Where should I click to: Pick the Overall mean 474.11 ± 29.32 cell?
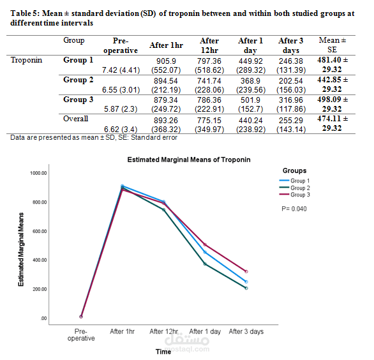click(333, 123)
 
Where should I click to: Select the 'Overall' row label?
click(76, 119)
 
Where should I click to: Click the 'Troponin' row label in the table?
click(26, 61)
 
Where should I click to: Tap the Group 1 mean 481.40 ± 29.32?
click(333, 65)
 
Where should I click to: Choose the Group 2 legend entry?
click(303, 188)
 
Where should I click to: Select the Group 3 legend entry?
click(303, 195)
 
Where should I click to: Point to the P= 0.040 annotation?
click(295, 209)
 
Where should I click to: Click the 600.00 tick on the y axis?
click(39, 231)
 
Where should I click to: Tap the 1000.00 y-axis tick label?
click(38, 173)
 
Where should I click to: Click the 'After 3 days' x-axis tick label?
click(246, 331)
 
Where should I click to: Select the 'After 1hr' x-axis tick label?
click(122, 331)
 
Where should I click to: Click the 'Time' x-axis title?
click(163, 350)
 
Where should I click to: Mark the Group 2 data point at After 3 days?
click(246, 288)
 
